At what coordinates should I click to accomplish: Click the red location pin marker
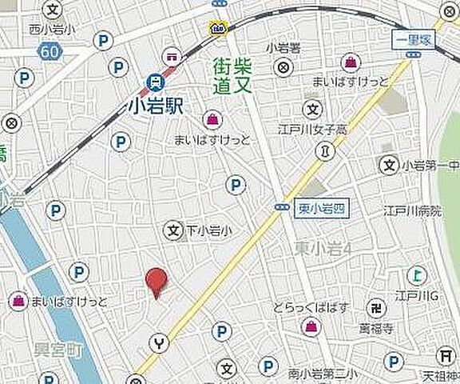tap(157, 282)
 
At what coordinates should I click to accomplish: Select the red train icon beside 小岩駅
tap(154, 82)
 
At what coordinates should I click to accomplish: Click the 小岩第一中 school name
tap(430, 166)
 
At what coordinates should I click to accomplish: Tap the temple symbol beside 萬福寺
tap(372, 308)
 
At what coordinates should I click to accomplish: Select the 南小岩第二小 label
tap(319, 371)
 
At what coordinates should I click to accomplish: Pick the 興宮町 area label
tap(58, 350)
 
